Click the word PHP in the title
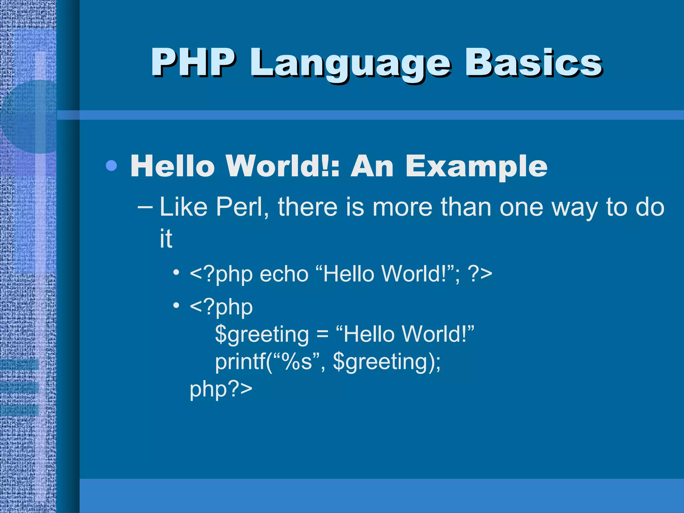pyautogui.click(x=193, y=63)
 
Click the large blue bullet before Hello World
pyautogui.click(x=111, y=166)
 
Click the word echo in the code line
pyautogui.click(x=284, y=274)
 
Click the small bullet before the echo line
pyautogui.click(x=176, y=272)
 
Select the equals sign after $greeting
pyautogui.click(x=322, y=334)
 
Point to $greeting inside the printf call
pyautogui.click(x=381, y=362)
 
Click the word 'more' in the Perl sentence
pyautogui.click(x=402, y=207)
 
